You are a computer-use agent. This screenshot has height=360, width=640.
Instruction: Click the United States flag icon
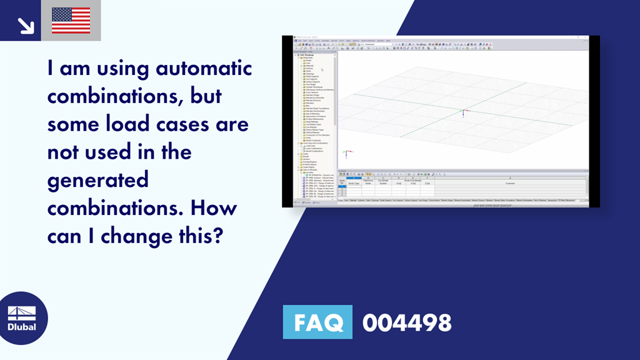point(71,21)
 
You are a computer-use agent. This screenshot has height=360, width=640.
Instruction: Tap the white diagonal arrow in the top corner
point(26,25)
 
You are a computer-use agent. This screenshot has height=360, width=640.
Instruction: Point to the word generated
point(98,180)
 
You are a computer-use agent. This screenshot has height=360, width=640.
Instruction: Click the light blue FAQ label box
point(317,322)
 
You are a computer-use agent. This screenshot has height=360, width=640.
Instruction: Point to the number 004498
point(406,322)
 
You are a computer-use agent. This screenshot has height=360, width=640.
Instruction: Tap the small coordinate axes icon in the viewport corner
point(347,152)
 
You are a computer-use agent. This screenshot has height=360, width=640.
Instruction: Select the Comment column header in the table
point(510,183)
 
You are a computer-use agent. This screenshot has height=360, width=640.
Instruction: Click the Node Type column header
point(354,183)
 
